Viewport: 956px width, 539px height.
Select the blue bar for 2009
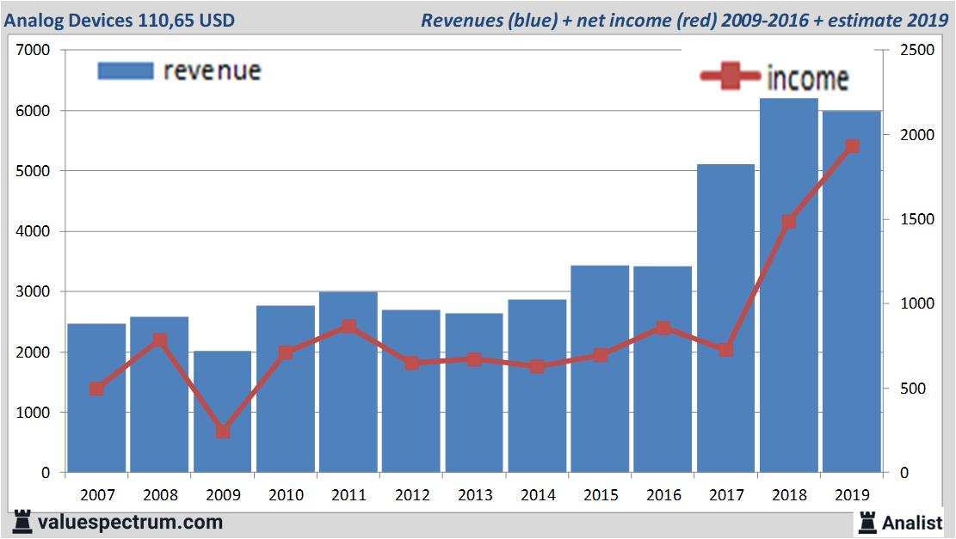click(x=222, y=412)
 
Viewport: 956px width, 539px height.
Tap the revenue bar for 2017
click(x=725, y=318)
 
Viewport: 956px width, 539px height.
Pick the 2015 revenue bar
click(x=600, y=369)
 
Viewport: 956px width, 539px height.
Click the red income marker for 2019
click(x=852, y=147)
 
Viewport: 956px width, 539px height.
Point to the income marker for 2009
click(x=223, y=432)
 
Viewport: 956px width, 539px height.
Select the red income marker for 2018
click(x=789, y=222)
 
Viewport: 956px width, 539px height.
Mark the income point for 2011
click(x=348, y=327)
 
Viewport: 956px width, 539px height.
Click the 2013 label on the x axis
click(x=474, y=495)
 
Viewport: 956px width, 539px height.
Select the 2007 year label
click(x=96, y=495)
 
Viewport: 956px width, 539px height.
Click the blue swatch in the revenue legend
click(x=126, y=70)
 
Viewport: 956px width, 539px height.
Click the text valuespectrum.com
click(x=130, y=522)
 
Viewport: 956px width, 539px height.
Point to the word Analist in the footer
click(x=912, y=522)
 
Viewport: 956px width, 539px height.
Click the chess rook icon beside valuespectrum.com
click(x=22, y=521)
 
